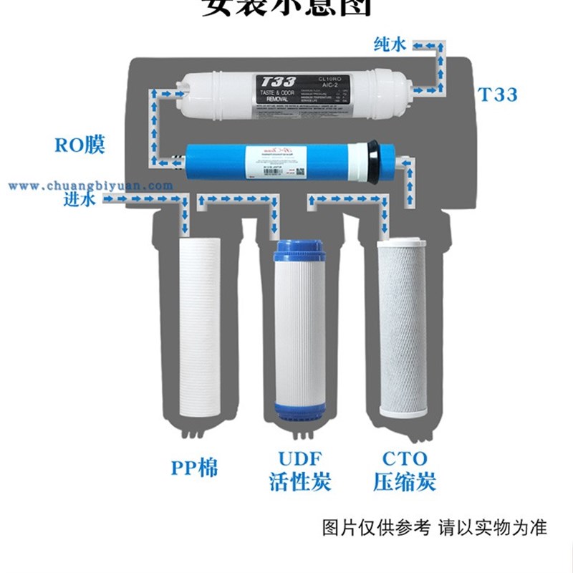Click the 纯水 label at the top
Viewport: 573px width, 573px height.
[x=390, y=45]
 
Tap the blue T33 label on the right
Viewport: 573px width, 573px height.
[x=497, y=94]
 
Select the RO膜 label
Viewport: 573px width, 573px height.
[x=80, y=145]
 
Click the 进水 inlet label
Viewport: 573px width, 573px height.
[x=80, y=200]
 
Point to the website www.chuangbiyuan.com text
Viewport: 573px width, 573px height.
[x=90, y=186]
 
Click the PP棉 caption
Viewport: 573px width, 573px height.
[x=194, y=468]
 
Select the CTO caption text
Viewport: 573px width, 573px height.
[x=405, y=458]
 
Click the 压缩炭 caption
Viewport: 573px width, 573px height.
[x=405, y=481]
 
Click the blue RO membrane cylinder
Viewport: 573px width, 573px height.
[x=286, y=162]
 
